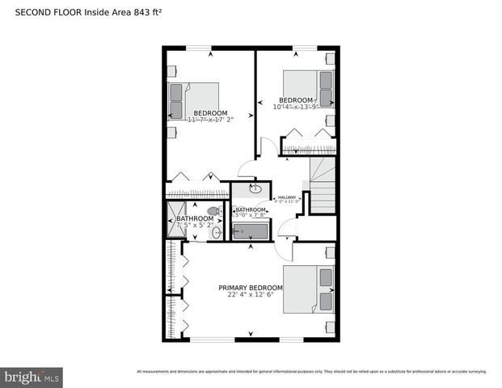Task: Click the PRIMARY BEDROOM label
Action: (x=251, y=288)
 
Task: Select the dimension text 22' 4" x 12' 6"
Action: (x=251, y=296)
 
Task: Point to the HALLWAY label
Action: (x=287, y=196)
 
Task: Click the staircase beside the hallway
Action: (x=323, y=186)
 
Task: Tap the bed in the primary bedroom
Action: (x=309, y=289)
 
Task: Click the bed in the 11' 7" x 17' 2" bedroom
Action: (x=192, y=101)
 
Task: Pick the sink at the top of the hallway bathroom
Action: (x=254, y=189)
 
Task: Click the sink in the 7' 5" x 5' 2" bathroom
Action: (x=217, y=232)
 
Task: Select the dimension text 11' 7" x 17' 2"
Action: (x=210, y=120)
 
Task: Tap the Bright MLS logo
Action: (x=32, y=377)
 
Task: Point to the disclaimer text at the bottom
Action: (x=311, y=371)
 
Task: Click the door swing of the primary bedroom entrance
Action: (x=287, y=234)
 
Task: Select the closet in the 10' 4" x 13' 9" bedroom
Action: (x=308, y=147)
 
